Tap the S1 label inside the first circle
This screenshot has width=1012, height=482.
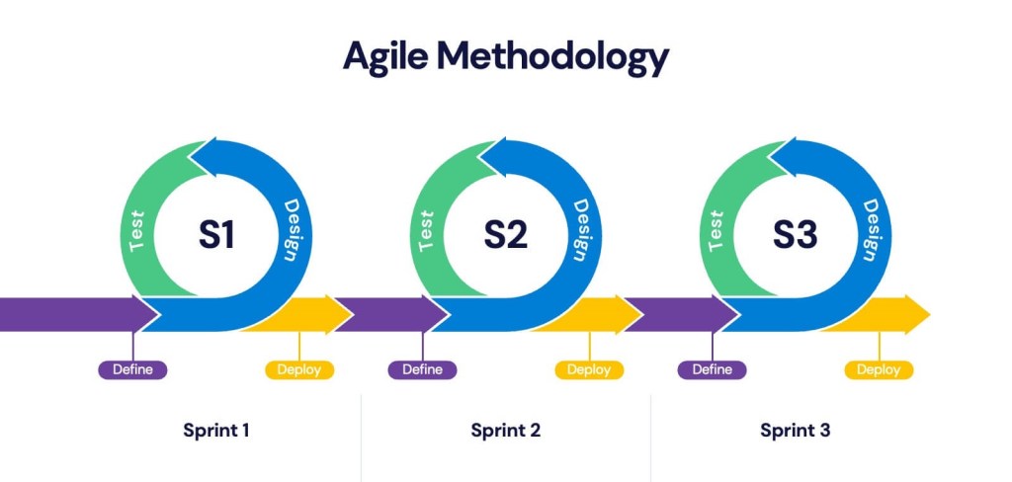tap(216, 235)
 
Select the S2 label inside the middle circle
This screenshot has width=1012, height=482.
tap(505, 235)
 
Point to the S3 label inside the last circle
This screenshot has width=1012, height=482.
tap(795, 235)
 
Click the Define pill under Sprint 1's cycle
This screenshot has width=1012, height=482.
tap(132, 370)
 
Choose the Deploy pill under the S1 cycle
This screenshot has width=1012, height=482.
tap(299, 370)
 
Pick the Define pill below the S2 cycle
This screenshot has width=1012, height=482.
tap(422, 370)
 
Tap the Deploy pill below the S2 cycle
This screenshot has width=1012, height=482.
tap(589, 370)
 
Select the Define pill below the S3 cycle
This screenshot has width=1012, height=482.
tap(712, 370)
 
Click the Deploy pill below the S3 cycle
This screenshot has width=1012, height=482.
tap(879, 370)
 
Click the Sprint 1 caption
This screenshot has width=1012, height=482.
tap(216, 431)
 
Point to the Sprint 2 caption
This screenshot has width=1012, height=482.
tap(506, 431)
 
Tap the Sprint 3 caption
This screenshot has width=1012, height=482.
tap(796, 431)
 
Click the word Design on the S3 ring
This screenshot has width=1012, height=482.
tap(871, 230)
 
